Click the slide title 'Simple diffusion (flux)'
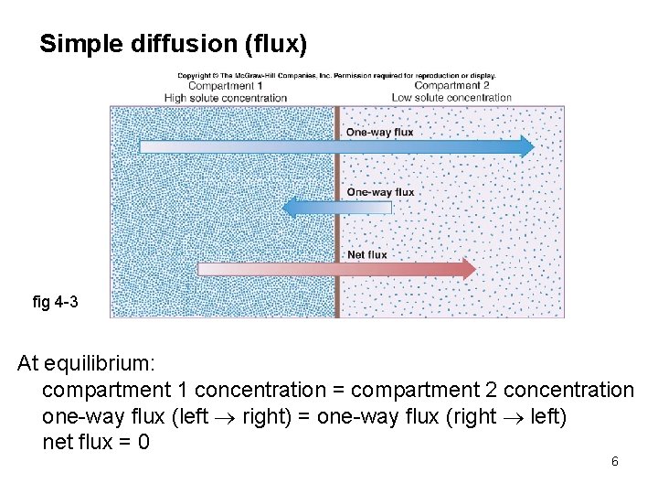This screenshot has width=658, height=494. point(174,44)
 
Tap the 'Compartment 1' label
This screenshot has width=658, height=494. point(225,86)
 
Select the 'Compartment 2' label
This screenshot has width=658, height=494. point(451,86)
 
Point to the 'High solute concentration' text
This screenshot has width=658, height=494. point(225,98)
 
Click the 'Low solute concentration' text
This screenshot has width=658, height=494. point(451,98)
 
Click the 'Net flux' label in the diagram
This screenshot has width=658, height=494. point(366,254)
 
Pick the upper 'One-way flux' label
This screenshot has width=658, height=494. point(379,132)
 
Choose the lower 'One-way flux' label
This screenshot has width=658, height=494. point(380,192)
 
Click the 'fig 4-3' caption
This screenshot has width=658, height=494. point(55,302)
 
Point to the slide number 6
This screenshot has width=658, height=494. point(615,461)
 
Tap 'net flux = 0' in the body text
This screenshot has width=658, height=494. point(96,443)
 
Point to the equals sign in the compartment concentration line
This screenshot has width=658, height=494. point(338,391)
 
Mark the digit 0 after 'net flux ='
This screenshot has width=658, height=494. point(143,443)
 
